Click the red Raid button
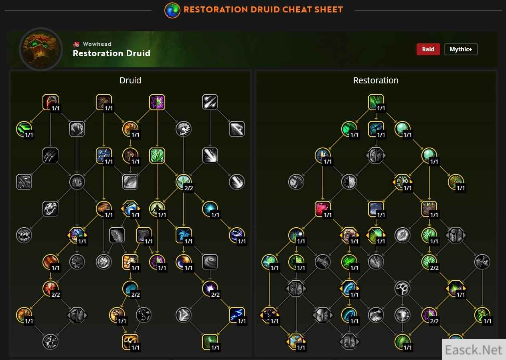[428, 49]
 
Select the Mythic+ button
[461, 49]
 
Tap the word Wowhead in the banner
[97, 44]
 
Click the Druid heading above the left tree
[130, 81]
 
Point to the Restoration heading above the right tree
[376, 81]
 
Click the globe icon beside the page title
[172, 10]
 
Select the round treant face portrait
[41, 49]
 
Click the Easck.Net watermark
[474, 350]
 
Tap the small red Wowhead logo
[76, 44]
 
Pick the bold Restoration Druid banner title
[111, 53]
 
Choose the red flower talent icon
[323, 209]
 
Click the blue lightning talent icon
[237, 315]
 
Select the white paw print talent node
[402, 288]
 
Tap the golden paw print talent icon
[130, 342]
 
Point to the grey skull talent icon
[51, 209]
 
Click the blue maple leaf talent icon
[183, 235]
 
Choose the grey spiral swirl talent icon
[210, 262]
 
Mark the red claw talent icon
[51, 102]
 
